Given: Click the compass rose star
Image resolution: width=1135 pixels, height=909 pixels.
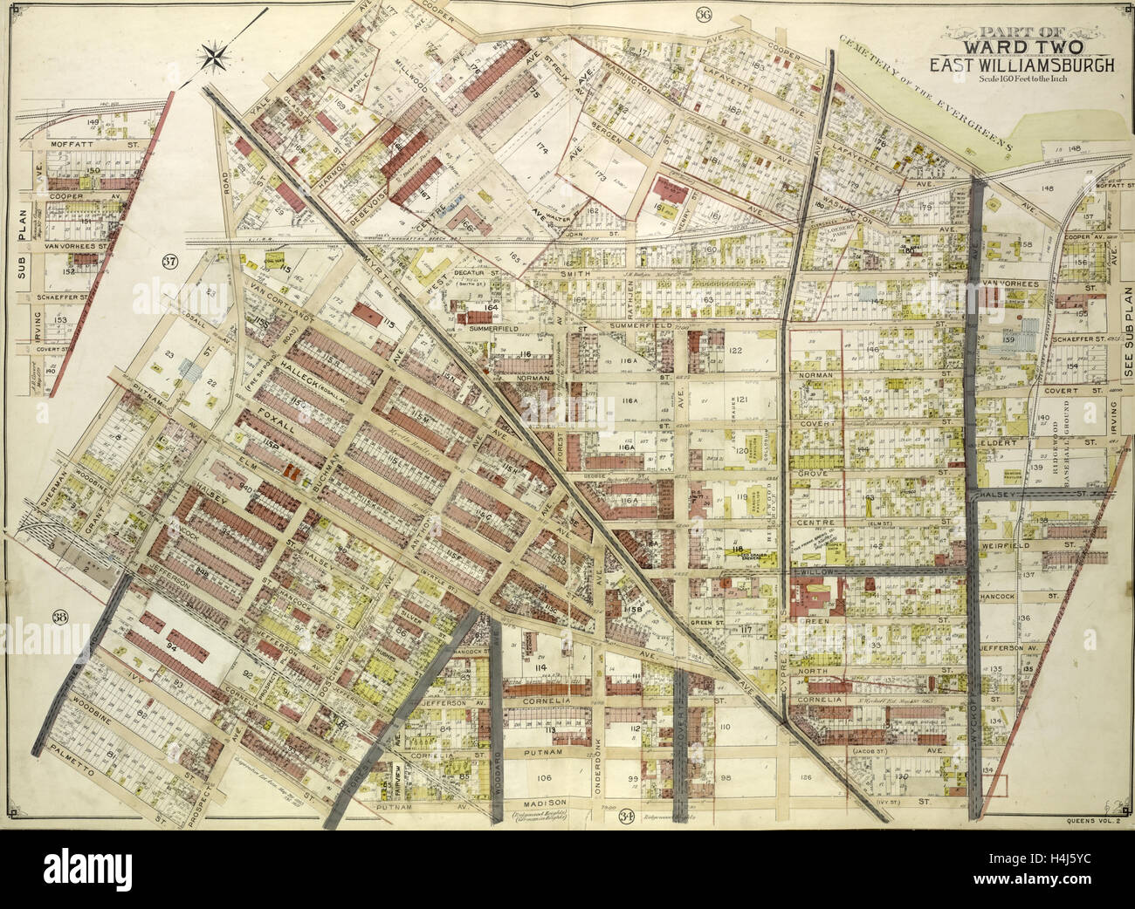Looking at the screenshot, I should (213, 58).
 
